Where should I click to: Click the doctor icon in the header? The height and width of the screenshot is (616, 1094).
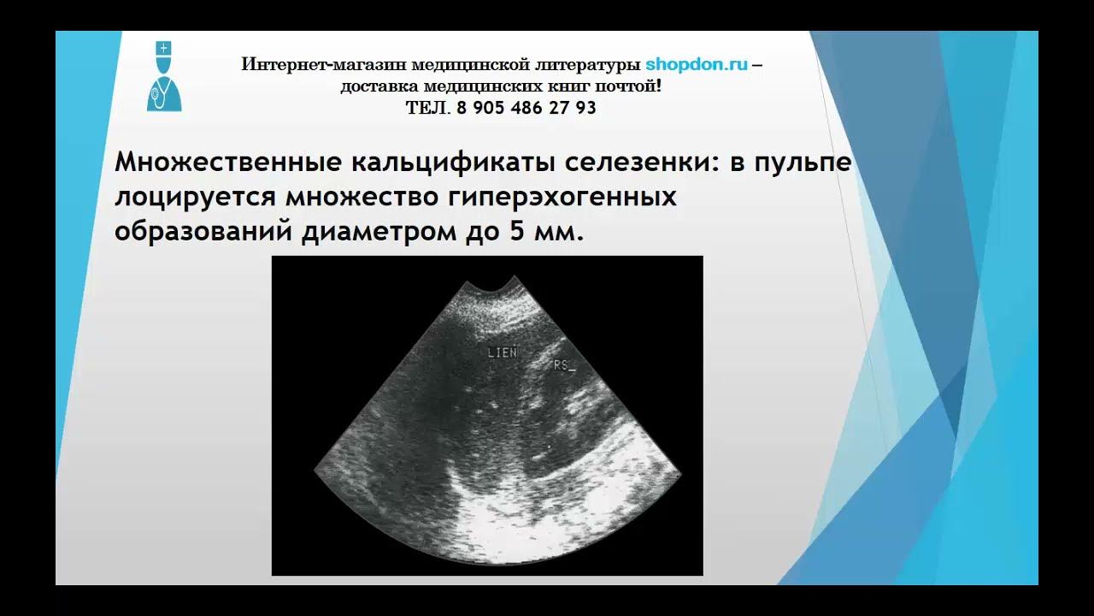click(163, 77)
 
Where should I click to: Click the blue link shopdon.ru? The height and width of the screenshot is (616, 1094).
click(697, 64)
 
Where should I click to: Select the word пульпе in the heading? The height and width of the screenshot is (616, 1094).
click(803, 163)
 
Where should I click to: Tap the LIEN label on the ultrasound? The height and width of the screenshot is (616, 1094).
click(502, 352)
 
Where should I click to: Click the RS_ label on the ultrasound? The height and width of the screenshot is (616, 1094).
click(563, 365)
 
